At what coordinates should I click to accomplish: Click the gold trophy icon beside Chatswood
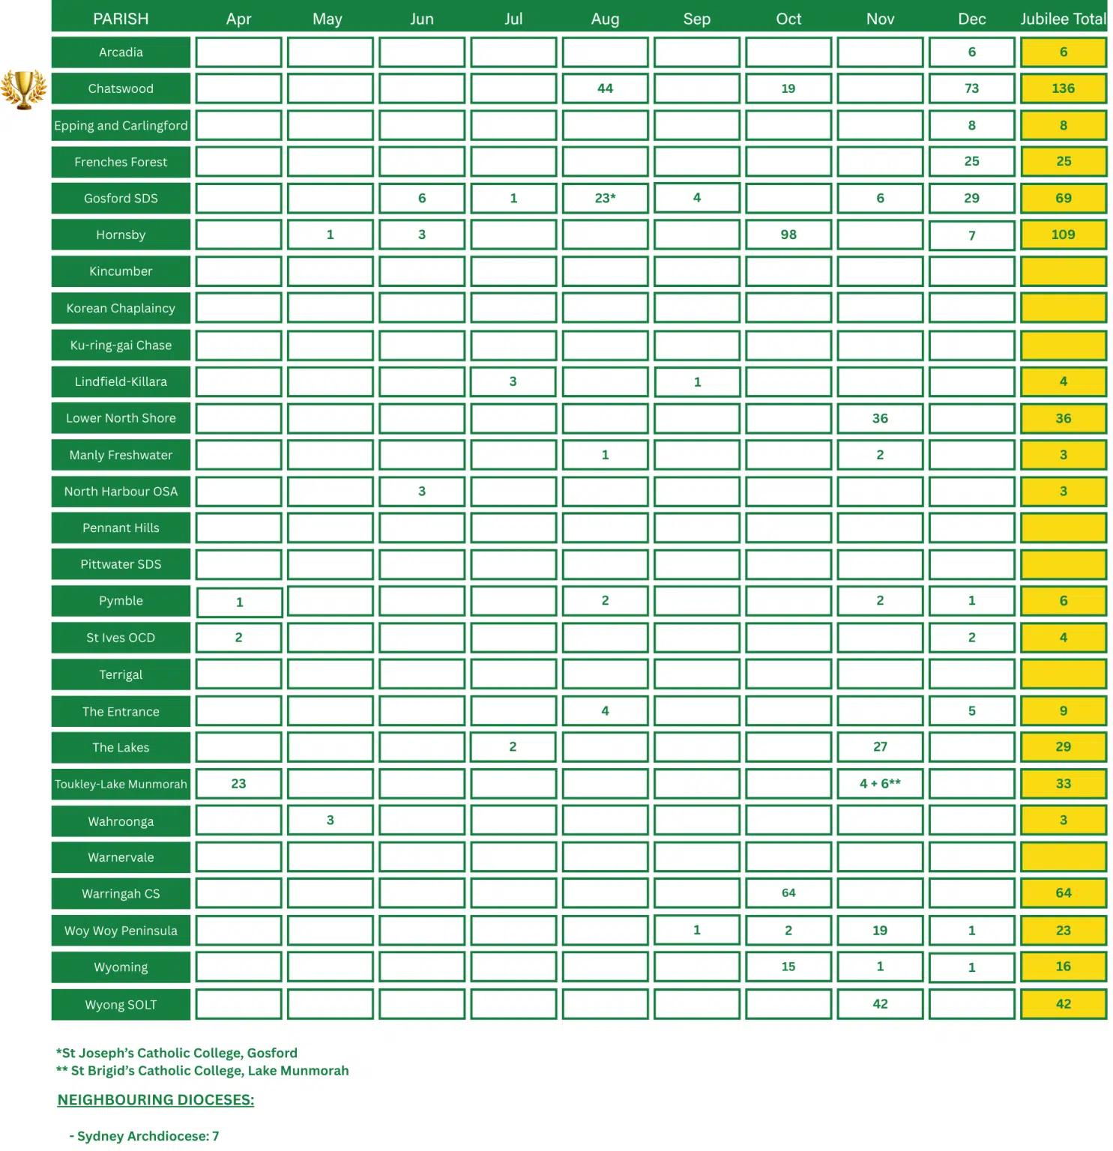(23, 89)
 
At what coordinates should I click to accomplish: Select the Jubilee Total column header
(1063, 19)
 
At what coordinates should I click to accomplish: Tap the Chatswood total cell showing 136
(1063, 88)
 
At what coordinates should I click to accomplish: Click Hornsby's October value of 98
(788, 235)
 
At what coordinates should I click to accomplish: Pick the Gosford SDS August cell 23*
(605, 198)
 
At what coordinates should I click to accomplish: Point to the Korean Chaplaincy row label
(121, 308)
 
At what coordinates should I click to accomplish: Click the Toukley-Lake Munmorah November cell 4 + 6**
(880, 784)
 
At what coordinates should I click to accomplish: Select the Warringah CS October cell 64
(788, 893)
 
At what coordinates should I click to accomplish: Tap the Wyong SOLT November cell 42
(880, 1004)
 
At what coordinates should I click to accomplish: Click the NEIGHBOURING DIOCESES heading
(156, 1100)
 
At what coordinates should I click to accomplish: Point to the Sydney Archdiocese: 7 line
(145, 1136)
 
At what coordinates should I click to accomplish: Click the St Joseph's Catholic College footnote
(177, 1053)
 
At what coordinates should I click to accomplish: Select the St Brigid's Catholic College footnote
(202, 1071)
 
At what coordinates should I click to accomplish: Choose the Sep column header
(696, 19)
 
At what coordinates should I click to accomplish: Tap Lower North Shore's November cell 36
(880, 418)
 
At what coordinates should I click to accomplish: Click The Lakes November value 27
(880, 747)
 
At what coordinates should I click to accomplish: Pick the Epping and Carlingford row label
(121, 125)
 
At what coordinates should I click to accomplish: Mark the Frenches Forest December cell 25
(971, 161)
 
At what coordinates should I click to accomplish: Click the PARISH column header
(121, 19)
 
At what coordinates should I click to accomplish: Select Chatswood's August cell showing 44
(605, 88)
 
